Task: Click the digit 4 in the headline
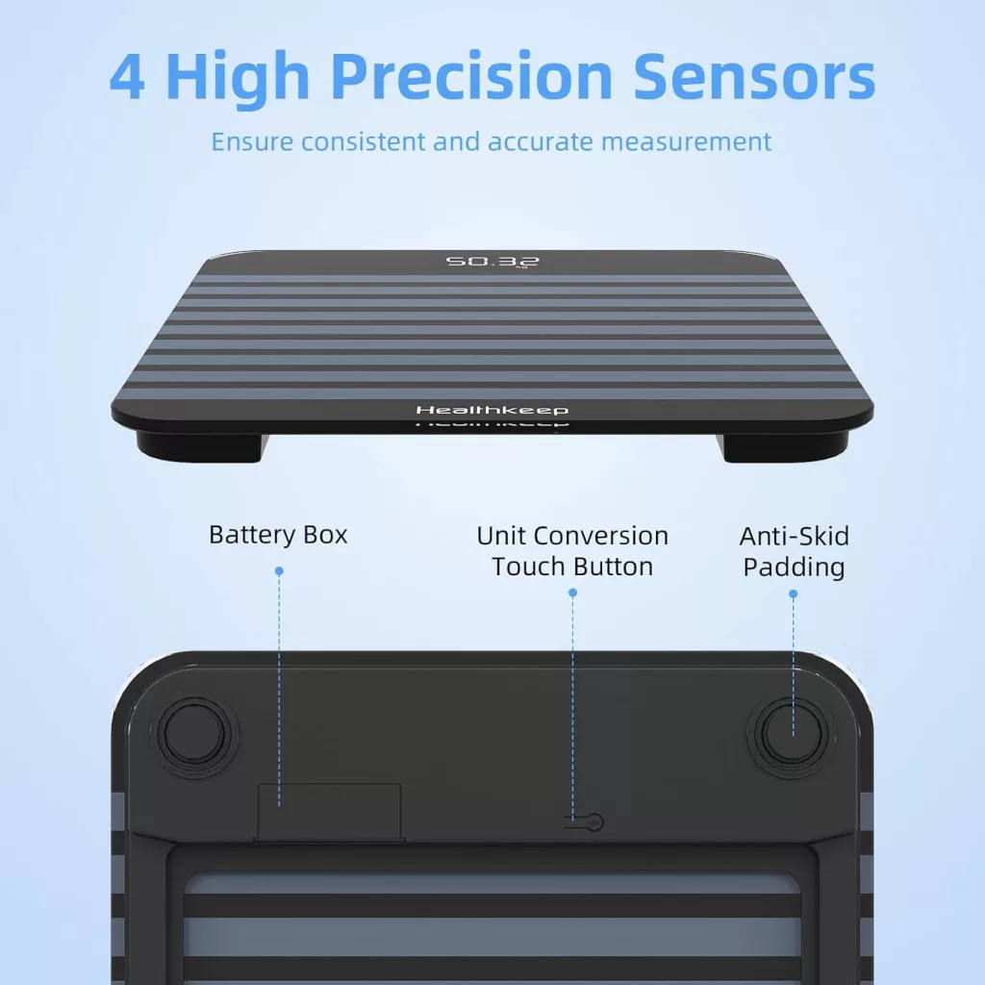pos(128,77)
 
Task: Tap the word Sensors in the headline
pos(754,77)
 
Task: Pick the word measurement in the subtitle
pos(686,142)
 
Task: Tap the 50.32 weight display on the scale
pos(492,261)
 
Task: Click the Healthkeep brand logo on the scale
pos(492,410)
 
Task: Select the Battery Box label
pos(278,535)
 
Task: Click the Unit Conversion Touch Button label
pos(572,551)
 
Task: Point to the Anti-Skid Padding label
pos(794,551)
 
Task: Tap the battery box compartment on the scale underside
pos(329,812)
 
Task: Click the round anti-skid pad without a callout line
pos(194,733)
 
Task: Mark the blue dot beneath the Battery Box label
pos(279,571)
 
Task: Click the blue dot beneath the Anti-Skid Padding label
pos(793,594)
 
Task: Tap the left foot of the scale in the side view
pos(201,446)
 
